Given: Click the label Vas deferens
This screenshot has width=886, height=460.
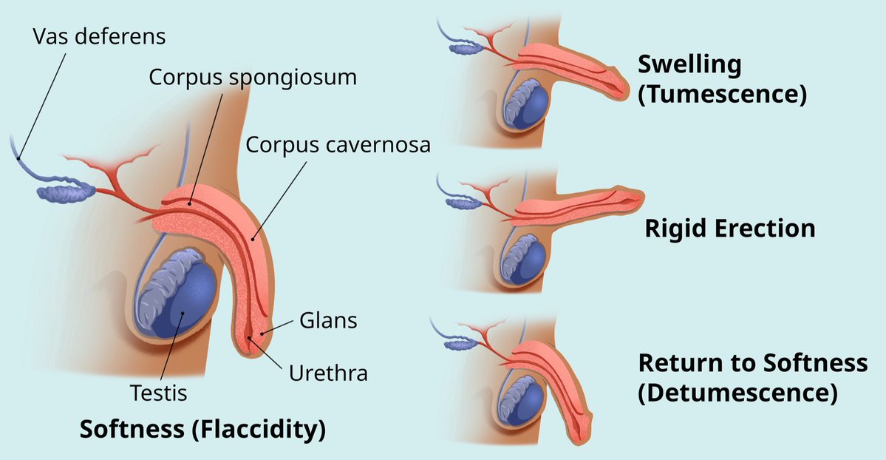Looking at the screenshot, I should pyautogui.click(x=100, y=35).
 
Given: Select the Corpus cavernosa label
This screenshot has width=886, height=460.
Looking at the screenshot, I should pyautogui.click(x=338, y=144).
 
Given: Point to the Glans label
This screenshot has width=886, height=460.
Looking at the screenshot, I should pyautogui.click(x=328, y=321).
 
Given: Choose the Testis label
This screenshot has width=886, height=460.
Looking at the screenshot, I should pyautogui.click(x=158, y=393).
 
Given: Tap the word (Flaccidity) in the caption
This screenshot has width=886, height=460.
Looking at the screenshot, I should pyautogui.click(x=259, y=429).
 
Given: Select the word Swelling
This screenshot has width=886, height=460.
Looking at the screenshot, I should pyautogui.click(x=689, y=65).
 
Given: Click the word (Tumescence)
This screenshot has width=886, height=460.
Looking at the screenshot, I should pyautogui.click(x=721, y=95).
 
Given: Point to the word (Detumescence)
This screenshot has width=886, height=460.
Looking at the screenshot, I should pyautogui.click(x=737, y=393).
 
